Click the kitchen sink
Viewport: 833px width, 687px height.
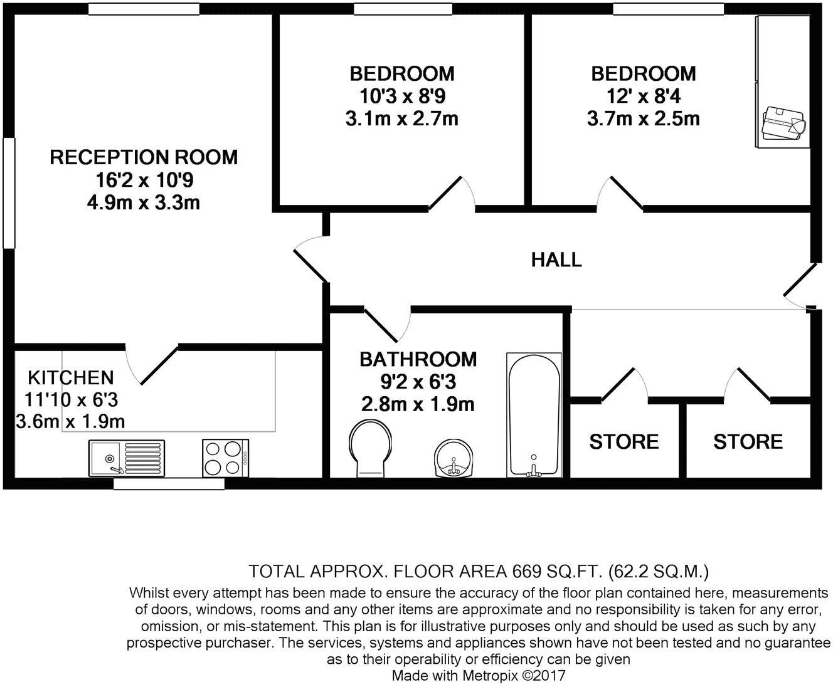tap(127, 457)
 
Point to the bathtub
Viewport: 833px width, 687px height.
tap(534, 415)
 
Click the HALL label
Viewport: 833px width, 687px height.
tap(556, 260)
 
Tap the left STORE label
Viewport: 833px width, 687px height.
tap(623, 442)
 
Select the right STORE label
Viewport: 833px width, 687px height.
tap(748, 442)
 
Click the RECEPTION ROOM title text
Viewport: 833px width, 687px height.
tap(144, 157)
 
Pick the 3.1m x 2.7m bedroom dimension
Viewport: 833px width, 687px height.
tap(401, 118)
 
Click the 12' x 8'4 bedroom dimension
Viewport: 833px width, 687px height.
tap(644, 96)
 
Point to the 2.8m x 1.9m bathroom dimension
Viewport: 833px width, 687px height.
tap(417, 404)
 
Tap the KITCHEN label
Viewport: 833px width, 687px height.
tap(71, 377)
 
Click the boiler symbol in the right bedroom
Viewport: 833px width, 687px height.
tap(783, 124)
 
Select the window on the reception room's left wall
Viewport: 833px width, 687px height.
tap(8, 192)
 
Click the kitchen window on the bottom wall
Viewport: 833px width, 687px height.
tap(169, 484)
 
